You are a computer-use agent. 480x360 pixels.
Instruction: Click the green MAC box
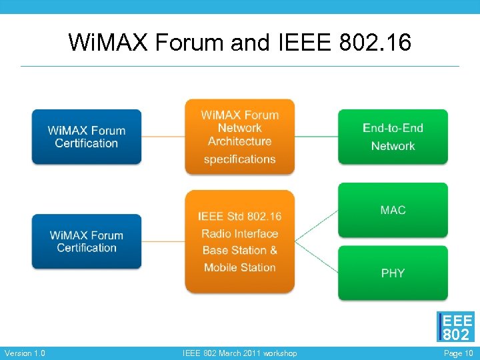pos(393,210)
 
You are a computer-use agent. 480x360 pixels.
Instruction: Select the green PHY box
pos(393,273)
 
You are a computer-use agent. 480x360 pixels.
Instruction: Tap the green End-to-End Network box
pos(393,137)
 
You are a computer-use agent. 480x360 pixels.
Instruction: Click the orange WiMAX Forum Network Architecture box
pos(239,137)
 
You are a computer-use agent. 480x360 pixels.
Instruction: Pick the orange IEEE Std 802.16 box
pos(239,241)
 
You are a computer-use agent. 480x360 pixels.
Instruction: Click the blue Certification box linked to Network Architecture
pos(87,137)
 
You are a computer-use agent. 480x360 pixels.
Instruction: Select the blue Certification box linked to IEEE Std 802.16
pos(87,241)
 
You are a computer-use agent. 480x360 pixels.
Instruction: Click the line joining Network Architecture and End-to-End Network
pos(316,137)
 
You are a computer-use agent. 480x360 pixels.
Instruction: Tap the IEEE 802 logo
pos(456,327)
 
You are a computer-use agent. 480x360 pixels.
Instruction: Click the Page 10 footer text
pos(458,353)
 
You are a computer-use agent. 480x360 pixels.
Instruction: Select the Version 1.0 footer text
pos(25,353)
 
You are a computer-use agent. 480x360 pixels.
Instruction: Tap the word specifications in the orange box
pos(239,159)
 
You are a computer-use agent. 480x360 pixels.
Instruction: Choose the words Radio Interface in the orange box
pos(239,234)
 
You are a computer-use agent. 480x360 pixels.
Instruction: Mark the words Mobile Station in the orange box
pos(239,267)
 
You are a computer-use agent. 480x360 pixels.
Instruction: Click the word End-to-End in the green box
pos(393,128)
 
